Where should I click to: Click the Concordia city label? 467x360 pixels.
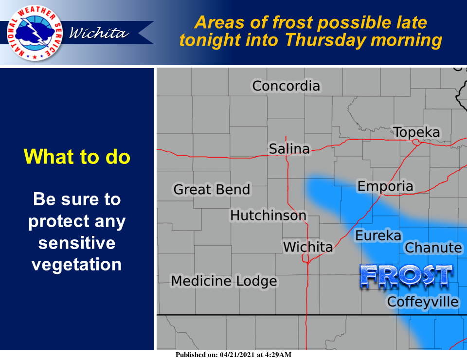point(286,86)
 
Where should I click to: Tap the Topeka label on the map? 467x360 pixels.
point(416,132)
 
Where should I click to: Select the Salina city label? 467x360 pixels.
point(289,148)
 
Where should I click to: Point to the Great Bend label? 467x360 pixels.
point(212,189)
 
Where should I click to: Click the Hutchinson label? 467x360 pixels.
point(268,216)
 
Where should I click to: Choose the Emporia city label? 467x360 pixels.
point(385,187)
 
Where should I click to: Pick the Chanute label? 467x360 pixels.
point(433,248)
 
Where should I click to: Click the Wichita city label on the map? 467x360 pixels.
point(307,247)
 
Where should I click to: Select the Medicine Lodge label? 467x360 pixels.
point(224,281)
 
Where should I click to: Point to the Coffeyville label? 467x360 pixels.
point(423,302)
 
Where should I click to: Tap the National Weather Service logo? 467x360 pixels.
point(35,33)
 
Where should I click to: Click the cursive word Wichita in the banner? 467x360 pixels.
point(99,33)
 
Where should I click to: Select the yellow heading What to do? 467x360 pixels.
point(77,157)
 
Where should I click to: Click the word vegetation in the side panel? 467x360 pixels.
point(76,265)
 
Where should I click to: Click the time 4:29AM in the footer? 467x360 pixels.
point(278,355)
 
